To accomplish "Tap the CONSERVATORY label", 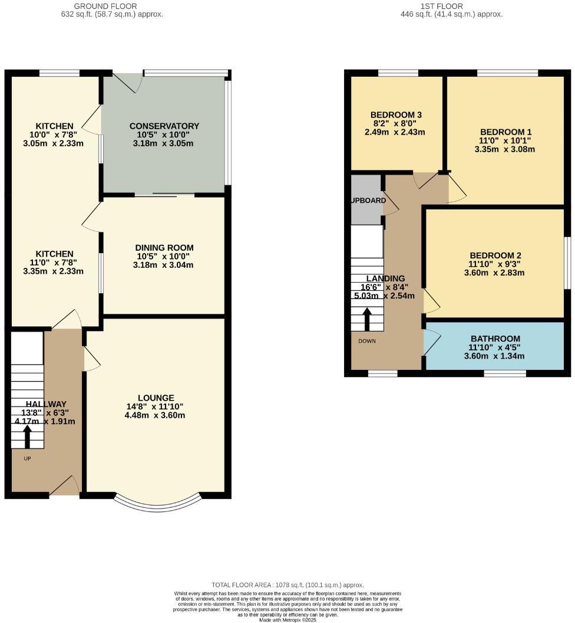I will point(164,126).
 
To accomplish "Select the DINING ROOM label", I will point(164,248).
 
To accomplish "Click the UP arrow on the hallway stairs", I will point(27,437).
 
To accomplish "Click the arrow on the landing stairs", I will point(366,320).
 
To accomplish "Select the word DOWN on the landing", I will point(366,341).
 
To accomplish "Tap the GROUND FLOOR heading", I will point(105,6).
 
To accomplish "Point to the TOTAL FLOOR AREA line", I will point(287,585).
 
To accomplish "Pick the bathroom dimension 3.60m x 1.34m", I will point(494,356).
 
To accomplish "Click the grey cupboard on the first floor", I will point(366,199).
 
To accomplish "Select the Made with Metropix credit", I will point(287,619).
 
